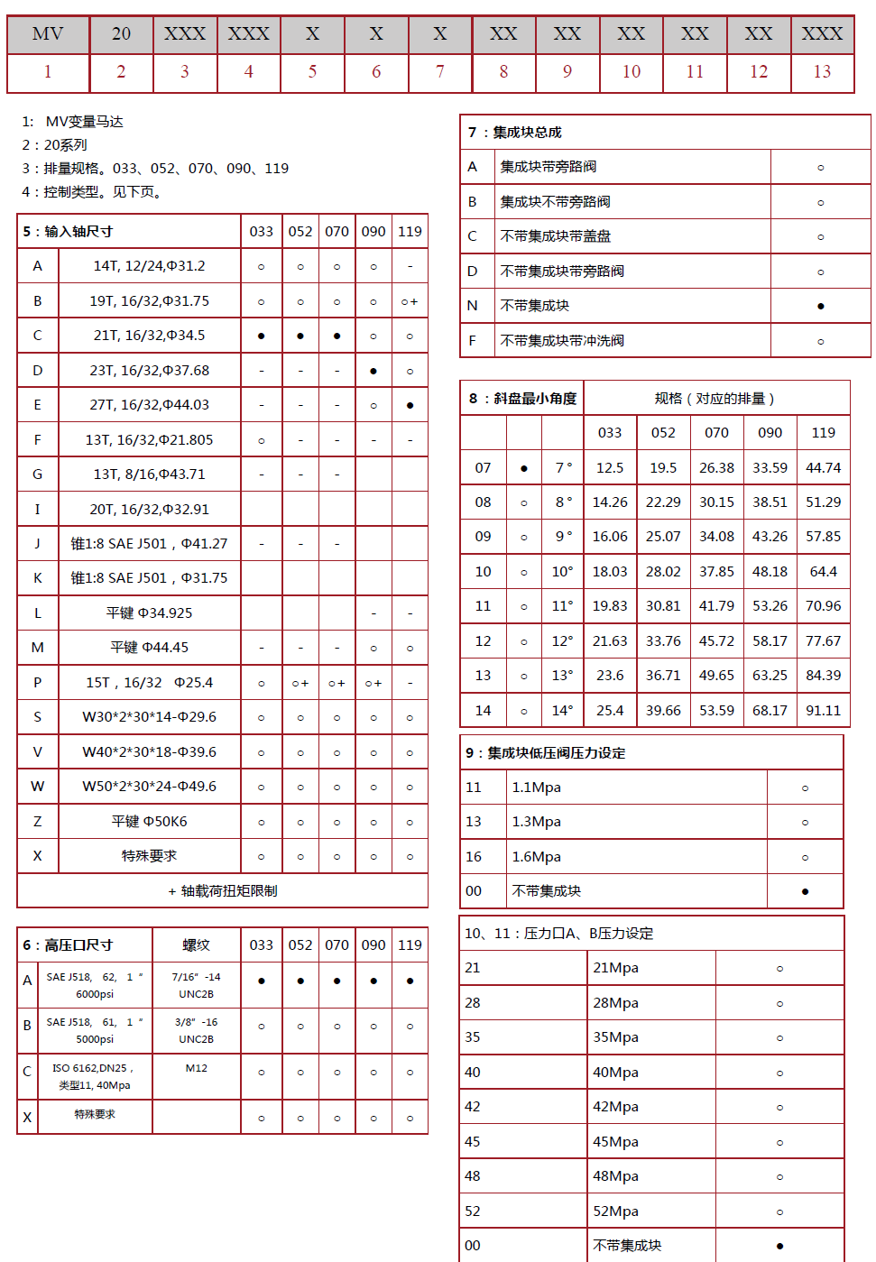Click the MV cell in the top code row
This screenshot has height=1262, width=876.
(48, 34)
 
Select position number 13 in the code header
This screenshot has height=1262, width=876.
(822, 72)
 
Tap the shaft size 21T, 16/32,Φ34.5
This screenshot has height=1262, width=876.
(149, 336)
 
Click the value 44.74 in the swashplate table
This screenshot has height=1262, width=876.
(823, 468)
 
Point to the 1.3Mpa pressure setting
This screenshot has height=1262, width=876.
(536, 822)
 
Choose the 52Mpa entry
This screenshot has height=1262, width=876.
(615, 1211)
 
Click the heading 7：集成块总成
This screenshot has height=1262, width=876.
(515, 133)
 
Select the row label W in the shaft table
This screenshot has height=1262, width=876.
(37, 787)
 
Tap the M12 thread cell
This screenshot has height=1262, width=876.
(196, 1068)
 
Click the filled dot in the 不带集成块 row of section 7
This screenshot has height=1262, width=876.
(820, 306)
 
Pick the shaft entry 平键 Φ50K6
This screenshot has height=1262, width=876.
(149, 822)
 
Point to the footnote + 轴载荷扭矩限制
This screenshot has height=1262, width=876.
(222, 891)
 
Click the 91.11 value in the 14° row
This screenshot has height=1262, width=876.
(823, 711)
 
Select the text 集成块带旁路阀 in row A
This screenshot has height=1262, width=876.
(549, 167)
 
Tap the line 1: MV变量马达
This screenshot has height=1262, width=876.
(73, 122)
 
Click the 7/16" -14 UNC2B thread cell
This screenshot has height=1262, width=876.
(196, 985)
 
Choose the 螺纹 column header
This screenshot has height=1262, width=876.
(196, 945)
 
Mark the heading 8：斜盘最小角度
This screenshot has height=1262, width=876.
(522, 399)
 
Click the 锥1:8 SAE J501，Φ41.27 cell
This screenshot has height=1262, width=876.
(149, 544)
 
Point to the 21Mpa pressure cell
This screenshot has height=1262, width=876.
(615, 968)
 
